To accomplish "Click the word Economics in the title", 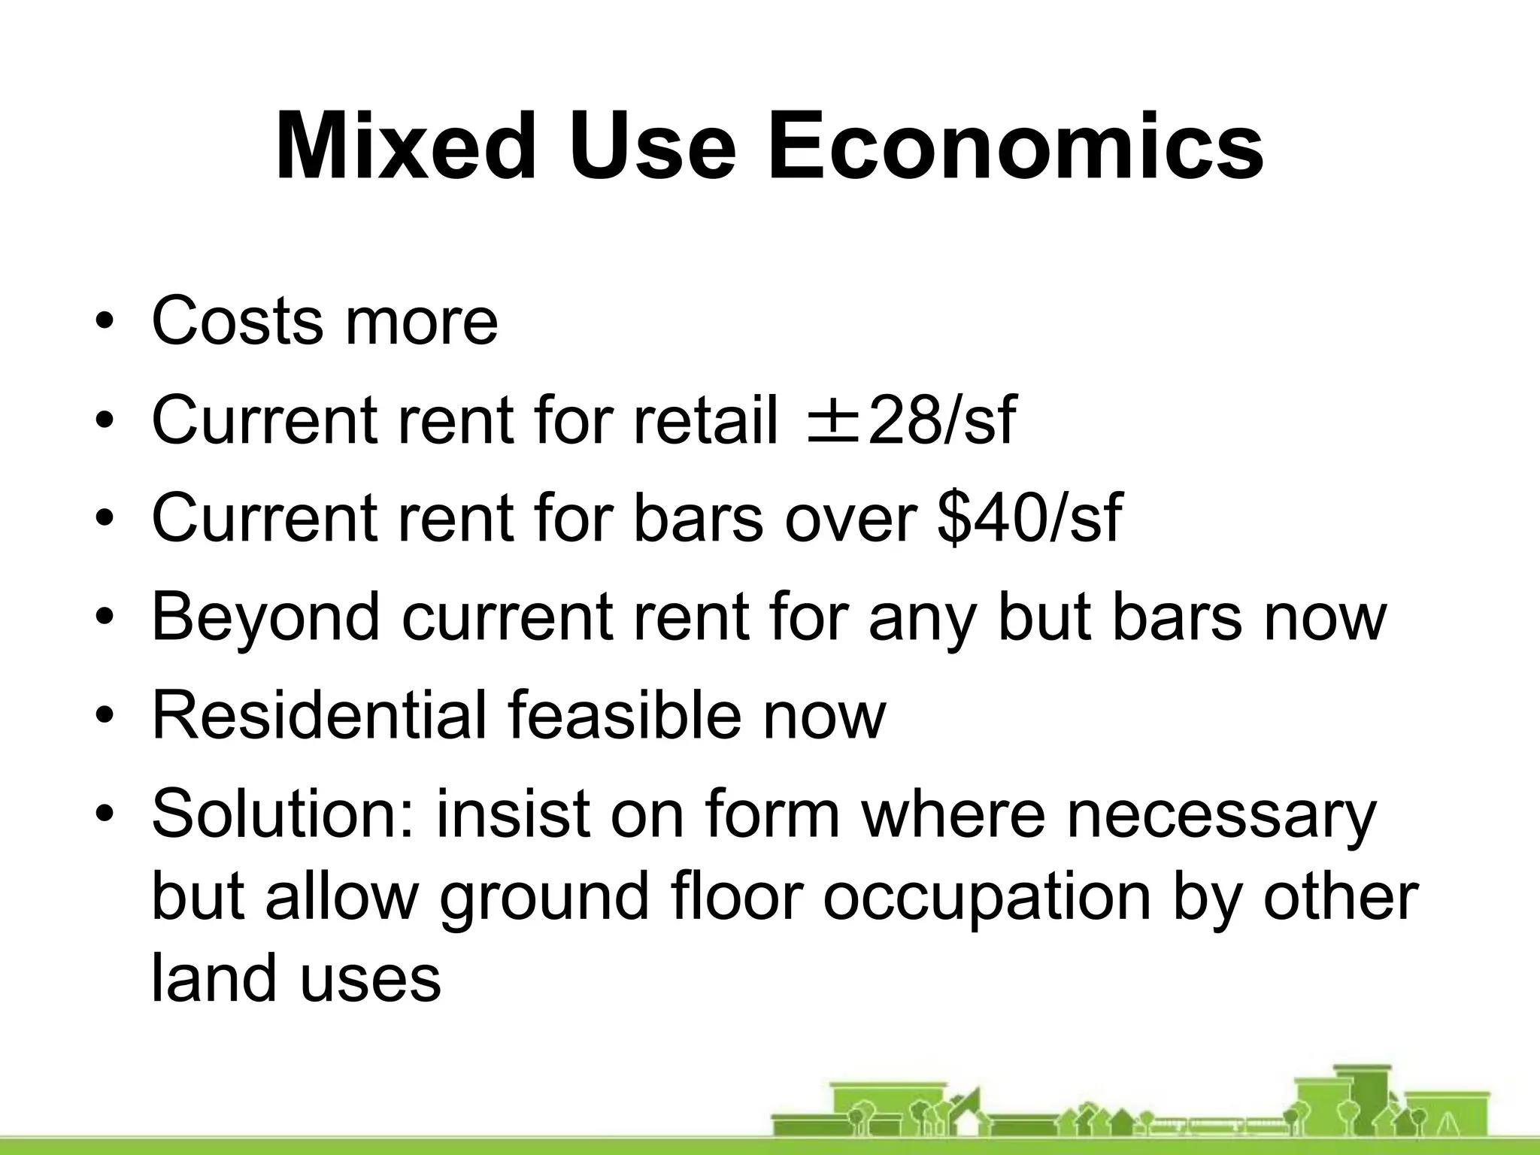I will (x=1015, y=147).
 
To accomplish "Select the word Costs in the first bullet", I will (x=237, y=322).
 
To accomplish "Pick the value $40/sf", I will (x=1030, y=519).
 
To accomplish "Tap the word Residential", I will (x=320, y=716).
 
